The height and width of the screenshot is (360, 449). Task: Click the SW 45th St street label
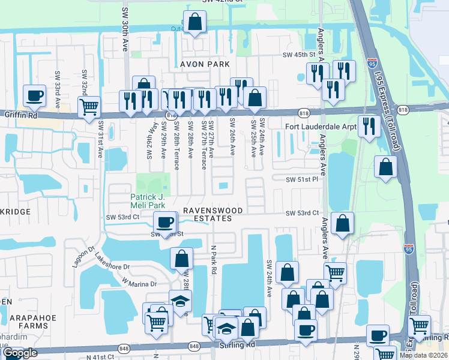tap(299, 55)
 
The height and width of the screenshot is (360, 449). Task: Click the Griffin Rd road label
tap(17, 114)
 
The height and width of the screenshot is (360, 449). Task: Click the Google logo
tap(20, 353)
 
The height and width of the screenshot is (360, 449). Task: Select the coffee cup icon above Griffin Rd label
tap(34, 95)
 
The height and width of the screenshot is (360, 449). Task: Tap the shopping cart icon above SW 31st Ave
tap(89, 107)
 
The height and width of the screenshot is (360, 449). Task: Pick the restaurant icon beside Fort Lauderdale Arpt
tap(369, 125)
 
